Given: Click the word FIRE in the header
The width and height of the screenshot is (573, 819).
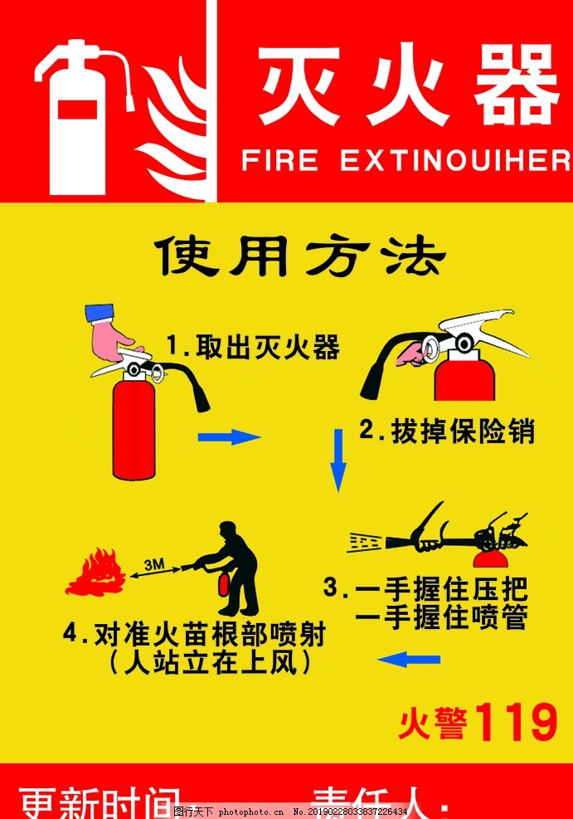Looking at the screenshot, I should pos(279,160).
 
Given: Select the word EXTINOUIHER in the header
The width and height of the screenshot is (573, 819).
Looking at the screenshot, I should pos(456,160).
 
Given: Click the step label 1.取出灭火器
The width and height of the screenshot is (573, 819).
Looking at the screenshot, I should pos(253,347).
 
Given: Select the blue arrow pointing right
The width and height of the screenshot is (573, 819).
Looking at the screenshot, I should pos(229,436).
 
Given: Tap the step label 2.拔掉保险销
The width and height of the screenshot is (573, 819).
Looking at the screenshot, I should pos(447,431).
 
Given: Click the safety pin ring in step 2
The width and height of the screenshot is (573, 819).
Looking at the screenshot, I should pos(431,346).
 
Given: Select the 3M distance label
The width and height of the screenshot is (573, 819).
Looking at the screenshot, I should pos(154,565).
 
